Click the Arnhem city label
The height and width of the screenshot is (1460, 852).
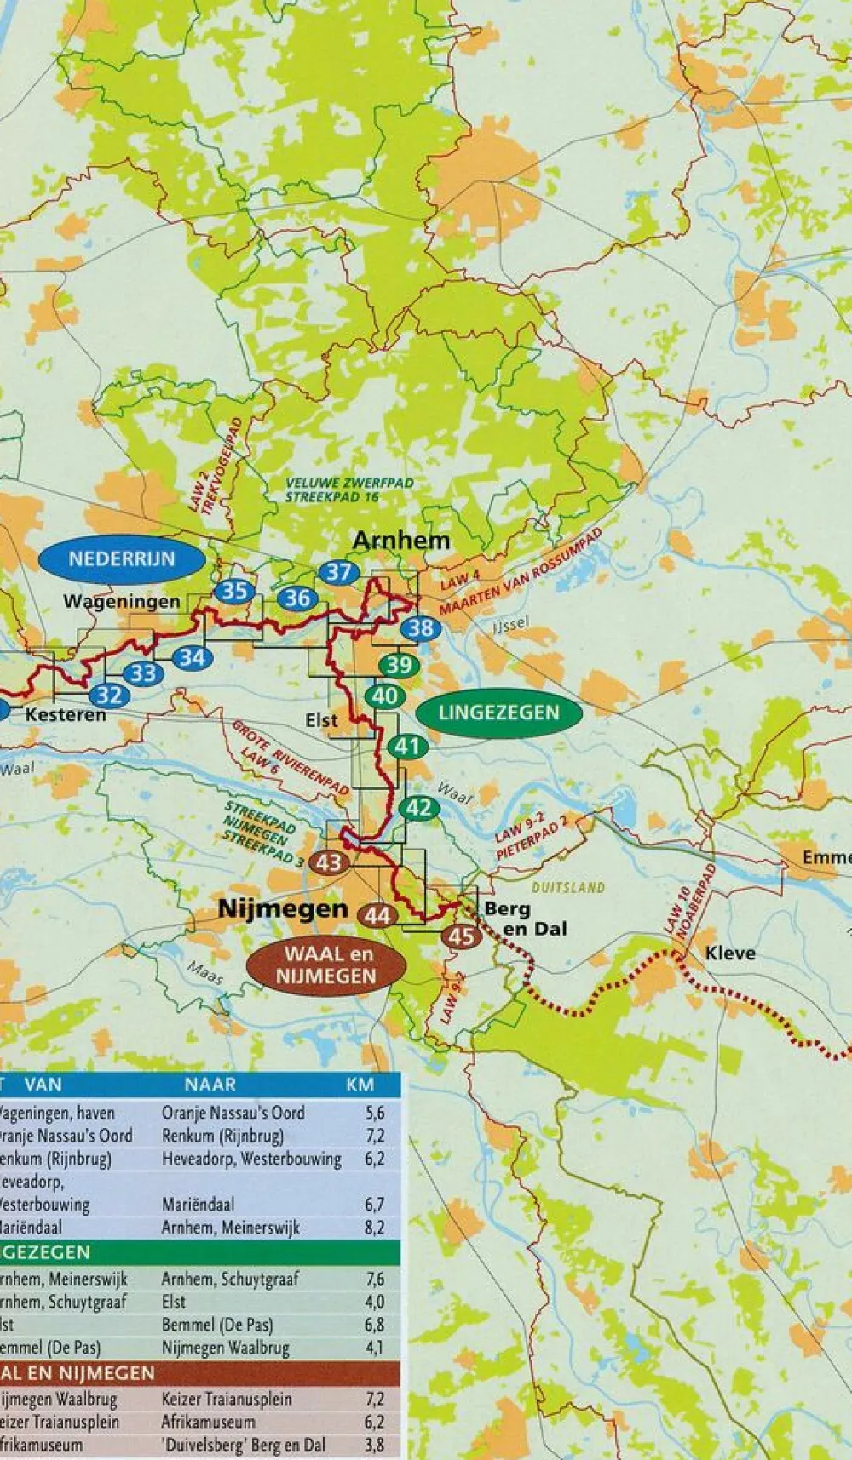pos(400,541)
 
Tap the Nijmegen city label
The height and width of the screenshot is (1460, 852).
pos(284,908)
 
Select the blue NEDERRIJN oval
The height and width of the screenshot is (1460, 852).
pos(122,559)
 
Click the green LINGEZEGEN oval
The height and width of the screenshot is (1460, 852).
pos(498,713)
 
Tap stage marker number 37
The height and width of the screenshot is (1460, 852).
pos(338,572)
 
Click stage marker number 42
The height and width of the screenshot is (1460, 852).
pos(418,807)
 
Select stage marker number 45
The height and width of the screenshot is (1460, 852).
pos(461,936)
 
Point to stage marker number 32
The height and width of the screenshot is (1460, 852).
pos(109,696)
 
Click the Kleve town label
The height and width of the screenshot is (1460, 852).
pos(730,953)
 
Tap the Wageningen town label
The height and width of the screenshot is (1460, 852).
pos(122,602)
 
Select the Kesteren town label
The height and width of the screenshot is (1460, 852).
pos(66,714)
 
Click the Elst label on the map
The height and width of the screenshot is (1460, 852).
pos(322,720)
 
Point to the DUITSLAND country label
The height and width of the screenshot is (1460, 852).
pos(568,887)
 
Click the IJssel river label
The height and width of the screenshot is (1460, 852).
pos(510,627)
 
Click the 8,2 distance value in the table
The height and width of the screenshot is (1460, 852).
pos(374,1228)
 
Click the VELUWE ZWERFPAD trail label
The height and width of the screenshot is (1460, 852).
pos(349,484)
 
